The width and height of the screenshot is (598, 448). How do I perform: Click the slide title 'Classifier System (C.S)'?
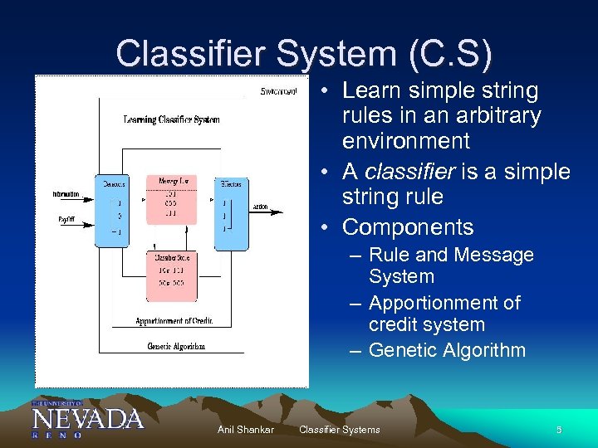pos(304,54)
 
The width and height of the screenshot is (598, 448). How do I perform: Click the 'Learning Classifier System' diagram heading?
pos(172,119)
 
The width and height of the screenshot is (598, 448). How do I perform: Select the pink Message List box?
pos(170,199)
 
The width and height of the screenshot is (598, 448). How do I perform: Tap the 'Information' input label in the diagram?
pos(66,194)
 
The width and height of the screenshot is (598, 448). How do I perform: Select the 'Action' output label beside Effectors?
pos(261,207)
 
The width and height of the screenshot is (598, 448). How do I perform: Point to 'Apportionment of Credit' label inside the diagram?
pos(175,321)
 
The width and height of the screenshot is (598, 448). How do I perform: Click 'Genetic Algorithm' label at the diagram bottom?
pos(176,346)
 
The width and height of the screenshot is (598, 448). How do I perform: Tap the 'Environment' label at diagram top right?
pos(278,90)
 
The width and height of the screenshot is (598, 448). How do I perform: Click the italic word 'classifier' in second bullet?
pos(404,172)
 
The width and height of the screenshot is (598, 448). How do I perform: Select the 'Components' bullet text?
pos(407,227)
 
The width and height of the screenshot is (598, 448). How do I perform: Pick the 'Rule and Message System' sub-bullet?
pos(450,265)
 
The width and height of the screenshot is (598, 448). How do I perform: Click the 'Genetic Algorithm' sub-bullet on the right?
pos(447,350)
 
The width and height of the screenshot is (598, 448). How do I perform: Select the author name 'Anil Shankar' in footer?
pos(245,429)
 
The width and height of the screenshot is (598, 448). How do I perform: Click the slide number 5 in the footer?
pos(559,429)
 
